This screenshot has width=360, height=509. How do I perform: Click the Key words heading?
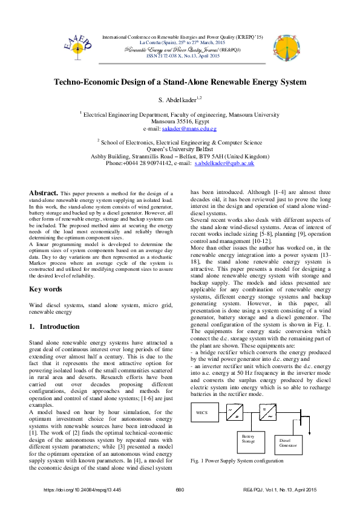click(x=45, y=289)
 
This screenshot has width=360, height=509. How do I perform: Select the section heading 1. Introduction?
click(x=54, y=326)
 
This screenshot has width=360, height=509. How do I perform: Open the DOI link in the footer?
click(x=83, y=490)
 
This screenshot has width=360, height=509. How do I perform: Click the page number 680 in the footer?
click(x=180, y=490)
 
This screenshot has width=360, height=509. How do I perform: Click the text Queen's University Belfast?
click(x=180, y=149)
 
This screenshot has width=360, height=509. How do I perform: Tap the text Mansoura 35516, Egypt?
click(x=180, y=121)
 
